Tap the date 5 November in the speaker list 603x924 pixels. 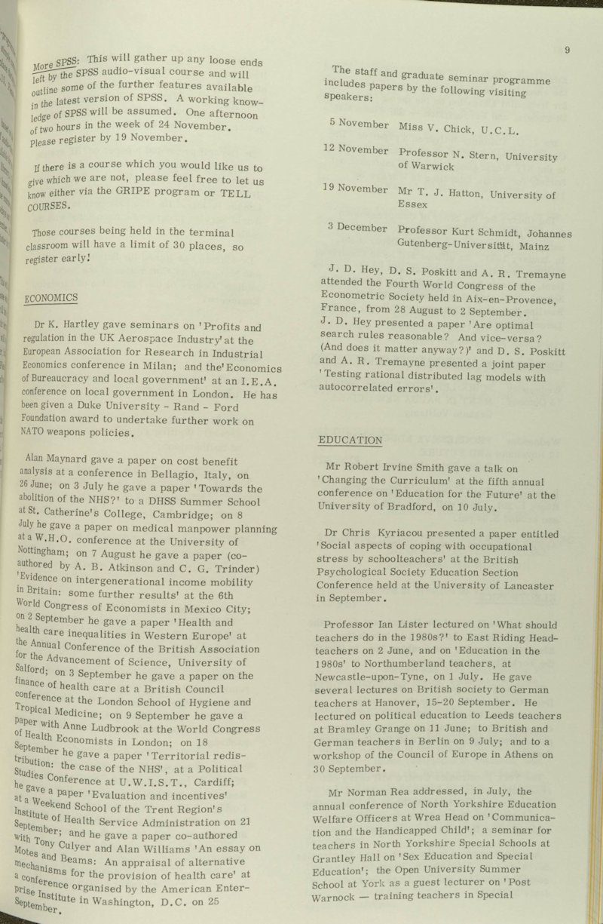358,124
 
